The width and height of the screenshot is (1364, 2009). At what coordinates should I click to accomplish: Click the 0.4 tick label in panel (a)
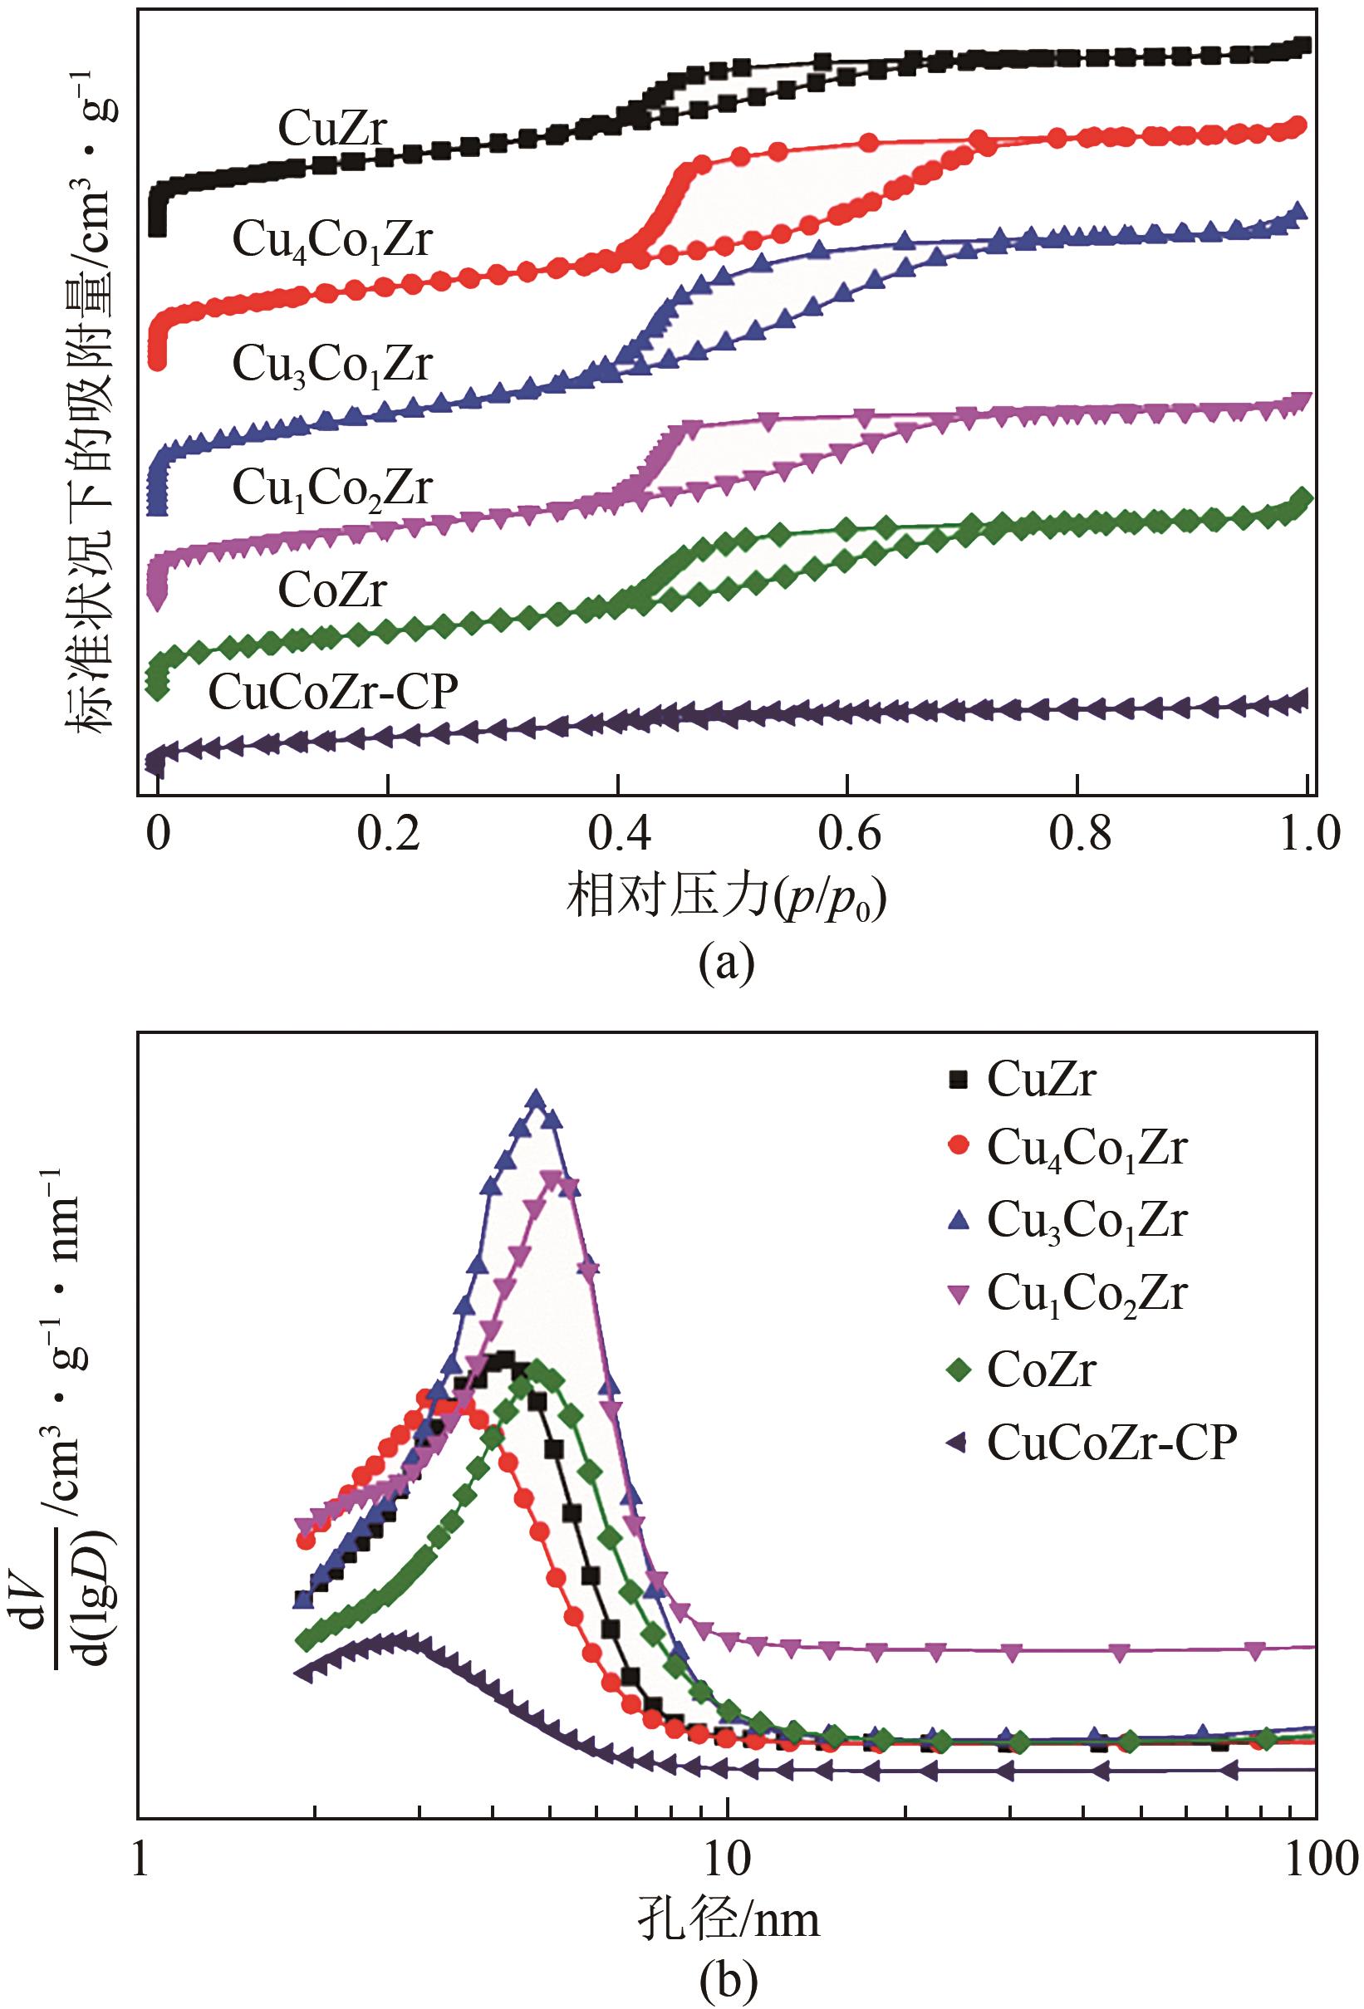(x=617, y=835)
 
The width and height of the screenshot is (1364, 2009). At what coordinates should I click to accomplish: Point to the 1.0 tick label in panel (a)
(x=1307, y=835)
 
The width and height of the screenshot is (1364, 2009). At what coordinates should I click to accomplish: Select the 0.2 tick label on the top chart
(x=388, y=835)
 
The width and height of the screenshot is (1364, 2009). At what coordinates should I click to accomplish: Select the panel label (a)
(x=728, y=962)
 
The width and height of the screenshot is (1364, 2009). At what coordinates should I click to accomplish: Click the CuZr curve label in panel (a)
(x=333, y=128)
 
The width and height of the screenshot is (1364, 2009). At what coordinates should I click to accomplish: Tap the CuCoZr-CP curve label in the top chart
(x=333, y=692)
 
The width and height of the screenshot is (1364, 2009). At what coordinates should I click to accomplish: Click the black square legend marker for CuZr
(x=957, y=1078)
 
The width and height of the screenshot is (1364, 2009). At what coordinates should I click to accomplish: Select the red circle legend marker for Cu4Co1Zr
(x=957, y=1147)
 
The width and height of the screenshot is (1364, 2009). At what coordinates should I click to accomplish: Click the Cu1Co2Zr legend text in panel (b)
(x=1087, y=1295)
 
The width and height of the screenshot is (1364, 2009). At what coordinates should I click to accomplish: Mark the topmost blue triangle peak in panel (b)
(x=536, y=1100)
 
